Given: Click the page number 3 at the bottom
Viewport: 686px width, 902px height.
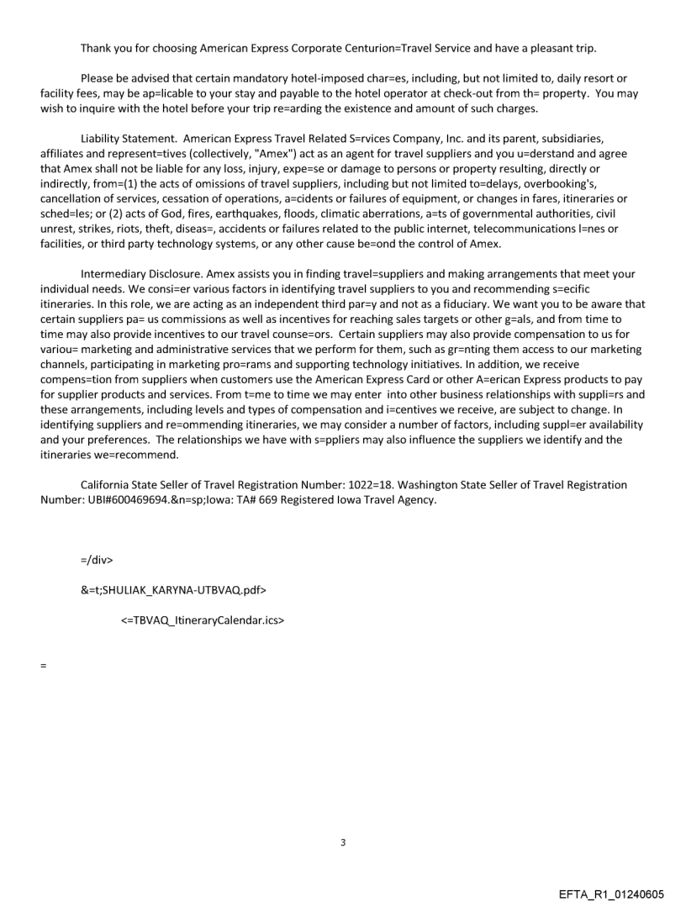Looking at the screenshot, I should (x=343, y=842).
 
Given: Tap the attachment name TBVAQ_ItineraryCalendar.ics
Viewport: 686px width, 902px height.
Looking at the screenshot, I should (x=205, y=622).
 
